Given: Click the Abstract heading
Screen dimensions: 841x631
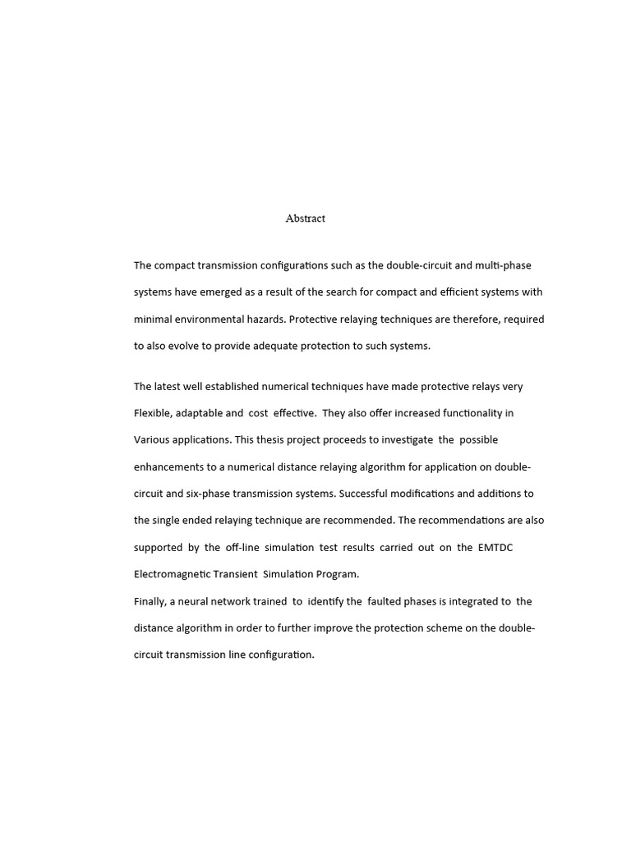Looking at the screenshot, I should pos(305,218).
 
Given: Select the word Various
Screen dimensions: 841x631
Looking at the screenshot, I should pos(153,439).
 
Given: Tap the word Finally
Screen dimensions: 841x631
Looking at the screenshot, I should pos(150,601).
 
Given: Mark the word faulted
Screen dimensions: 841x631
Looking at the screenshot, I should pos(385,601).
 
